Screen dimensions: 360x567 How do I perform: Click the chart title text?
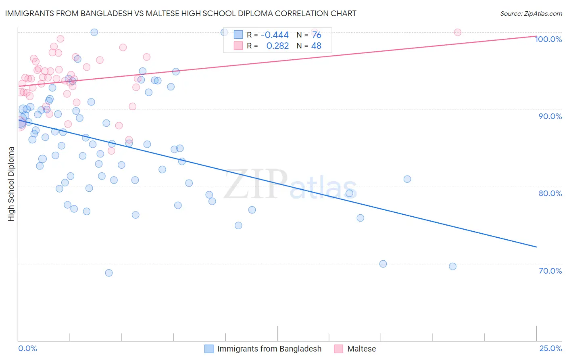(x=181, y=13)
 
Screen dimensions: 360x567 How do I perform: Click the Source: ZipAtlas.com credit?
(x=531, y=13)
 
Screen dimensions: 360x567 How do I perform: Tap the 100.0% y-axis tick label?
(x=548, y=39)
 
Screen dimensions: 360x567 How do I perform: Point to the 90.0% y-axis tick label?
(x=550, y=116)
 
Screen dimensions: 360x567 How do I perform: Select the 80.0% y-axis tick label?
(x=550, y=193)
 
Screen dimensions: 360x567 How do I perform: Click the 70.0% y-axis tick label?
(x=550, y=271)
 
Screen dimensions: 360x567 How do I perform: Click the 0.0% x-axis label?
(x=27, y=348)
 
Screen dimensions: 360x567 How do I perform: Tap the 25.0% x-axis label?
(x=550, y=348)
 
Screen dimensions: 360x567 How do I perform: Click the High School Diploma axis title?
(x=11, y=184)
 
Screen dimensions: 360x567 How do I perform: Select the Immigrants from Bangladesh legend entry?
(x=269, y=349)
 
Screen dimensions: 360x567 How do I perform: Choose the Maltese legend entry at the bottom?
(x=361, y=349)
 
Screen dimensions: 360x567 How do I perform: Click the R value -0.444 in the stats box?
(x=275, y=35)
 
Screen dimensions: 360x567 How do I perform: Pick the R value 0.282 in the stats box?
(x=277, y=46)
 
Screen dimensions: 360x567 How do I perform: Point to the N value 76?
(x=317, y=35)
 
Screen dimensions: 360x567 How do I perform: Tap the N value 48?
(x=317, y=46)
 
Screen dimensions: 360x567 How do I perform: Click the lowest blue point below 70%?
(x=109, y=273)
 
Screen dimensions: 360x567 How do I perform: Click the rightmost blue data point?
(x=452, y=266)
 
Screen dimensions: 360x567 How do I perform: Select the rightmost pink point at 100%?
(x=457, y=32)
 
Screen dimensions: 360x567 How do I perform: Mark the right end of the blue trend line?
(x=536, y=247)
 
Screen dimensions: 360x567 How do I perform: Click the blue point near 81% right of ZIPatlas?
(x=407, y=179)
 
